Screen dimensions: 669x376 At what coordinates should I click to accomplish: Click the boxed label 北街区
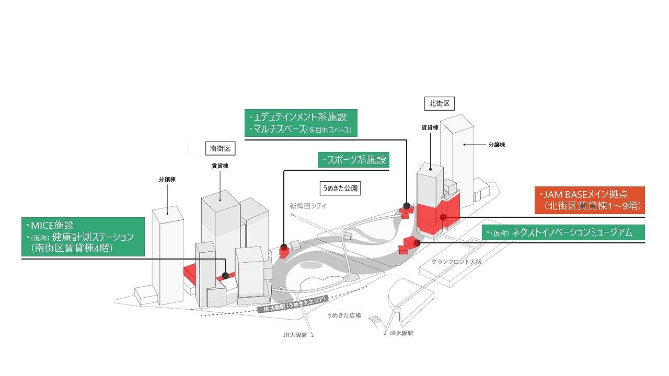[440, 103]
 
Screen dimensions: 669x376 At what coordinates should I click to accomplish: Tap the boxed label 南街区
[220, 148]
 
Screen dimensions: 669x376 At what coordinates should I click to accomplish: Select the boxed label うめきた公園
[340, 189]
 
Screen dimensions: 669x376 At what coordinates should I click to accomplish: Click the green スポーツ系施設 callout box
[353, 160]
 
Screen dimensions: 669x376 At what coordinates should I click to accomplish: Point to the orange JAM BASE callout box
[590, 200]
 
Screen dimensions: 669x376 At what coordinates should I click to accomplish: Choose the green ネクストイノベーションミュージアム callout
[563, 232]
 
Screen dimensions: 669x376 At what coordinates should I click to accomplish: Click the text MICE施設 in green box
[52, 225]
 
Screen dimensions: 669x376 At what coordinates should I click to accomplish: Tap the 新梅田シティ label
[308, 206]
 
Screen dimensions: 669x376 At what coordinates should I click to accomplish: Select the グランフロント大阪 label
[456, 262]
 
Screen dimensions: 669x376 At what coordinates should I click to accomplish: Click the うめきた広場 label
[344, 315]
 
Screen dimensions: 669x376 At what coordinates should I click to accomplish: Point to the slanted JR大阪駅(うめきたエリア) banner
[293, 304]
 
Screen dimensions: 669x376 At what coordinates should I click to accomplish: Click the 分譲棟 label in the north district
[497, 145]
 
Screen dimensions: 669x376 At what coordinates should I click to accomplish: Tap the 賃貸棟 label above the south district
[220, 166]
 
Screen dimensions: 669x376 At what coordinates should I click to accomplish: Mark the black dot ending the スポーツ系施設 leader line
[284, 247]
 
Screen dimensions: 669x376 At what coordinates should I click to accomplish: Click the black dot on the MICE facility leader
[225, 275]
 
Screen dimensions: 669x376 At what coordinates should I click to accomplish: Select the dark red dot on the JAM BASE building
[443, 217]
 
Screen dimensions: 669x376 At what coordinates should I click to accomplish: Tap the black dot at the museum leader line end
[417, 243]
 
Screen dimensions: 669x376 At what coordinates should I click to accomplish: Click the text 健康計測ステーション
[93, 237]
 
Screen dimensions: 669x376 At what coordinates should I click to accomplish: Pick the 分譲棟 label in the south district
[167, 180]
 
